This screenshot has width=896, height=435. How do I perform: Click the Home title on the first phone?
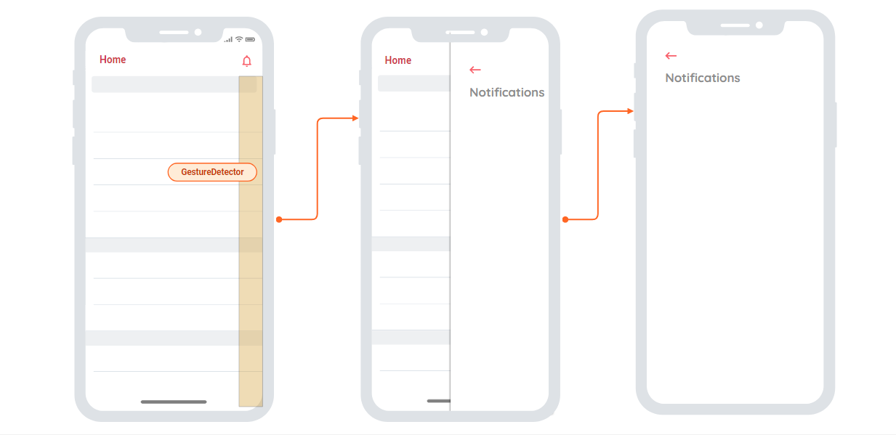coord(113,60)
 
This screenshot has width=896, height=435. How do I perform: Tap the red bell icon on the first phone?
coord(247,61)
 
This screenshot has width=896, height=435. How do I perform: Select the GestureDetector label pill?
coord(212,172)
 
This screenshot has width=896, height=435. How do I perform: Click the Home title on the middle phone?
coord(397,60)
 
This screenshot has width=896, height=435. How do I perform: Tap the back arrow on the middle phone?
coord(475,70)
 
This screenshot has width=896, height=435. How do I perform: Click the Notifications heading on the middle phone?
coord(506,92)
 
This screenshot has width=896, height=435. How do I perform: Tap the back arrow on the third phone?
coord(671,56)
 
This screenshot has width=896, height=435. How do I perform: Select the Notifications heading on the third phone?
coord(702,78)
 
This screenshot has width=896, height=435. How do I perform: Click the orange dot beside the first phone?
coord(278,219)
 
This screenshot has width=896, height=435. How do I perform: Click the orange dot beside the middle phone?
coord(565,219)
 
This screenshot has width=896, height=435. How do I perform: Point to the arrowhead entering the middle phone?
coord(355,118)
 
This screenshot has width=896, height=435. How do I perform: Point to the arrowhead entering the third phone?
coord(630,111)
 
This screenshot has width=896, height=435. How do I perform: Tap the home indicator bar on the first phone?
coord(174,402)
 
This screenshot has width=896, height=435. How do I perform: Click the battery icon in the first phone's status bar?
coord(250,39)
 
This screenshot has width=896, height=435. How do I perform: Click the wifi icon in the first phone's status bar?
coord(239,39)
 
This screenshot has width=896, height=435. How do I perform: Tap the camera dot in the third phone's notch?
coord(759,25)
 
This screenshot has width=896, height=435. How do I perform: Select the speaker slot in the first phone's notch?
coord(174,33)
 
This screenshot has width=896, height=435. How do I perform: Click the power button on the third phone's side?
coord(835,124)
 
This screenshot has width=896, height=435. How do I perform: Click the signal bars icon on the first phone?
coord(228,39)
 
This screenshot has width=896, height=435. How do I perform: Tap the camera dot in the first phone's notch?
coord(198,33)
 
